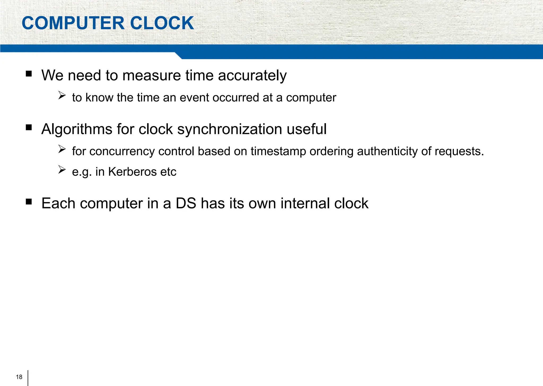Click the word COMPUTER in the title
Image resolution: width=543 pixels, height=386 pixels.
click(73, 23)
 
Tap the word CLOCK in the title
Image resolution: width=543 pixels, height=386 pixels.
click(162, 23)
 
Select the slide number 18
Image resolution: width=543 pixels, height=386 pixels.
click(19, 377)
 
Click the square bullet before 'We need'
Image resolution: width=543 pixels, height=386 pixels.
click(29, 74)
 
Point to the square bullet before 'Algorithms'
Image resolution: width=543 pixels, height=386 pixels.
click(29, 128)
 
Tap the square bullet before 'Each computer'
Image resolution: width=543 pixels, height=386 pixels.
click(29, 202)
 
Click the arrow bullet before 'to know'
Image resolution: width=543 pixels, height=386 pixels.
click(62, 95)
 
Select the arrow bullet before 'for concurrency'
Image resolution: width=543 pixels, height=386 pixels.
click(62, 149)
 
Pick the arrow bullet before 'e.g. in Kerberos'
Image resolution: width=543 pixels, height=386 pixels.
click(62, 170)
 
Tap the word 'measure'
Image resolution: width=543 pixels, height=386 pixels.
click(152, 76)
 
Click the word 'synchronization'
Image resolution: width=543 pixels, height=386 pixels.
click(230, 130)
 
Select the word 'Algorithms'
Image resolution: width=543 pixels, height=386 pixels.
click(77, 130)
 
